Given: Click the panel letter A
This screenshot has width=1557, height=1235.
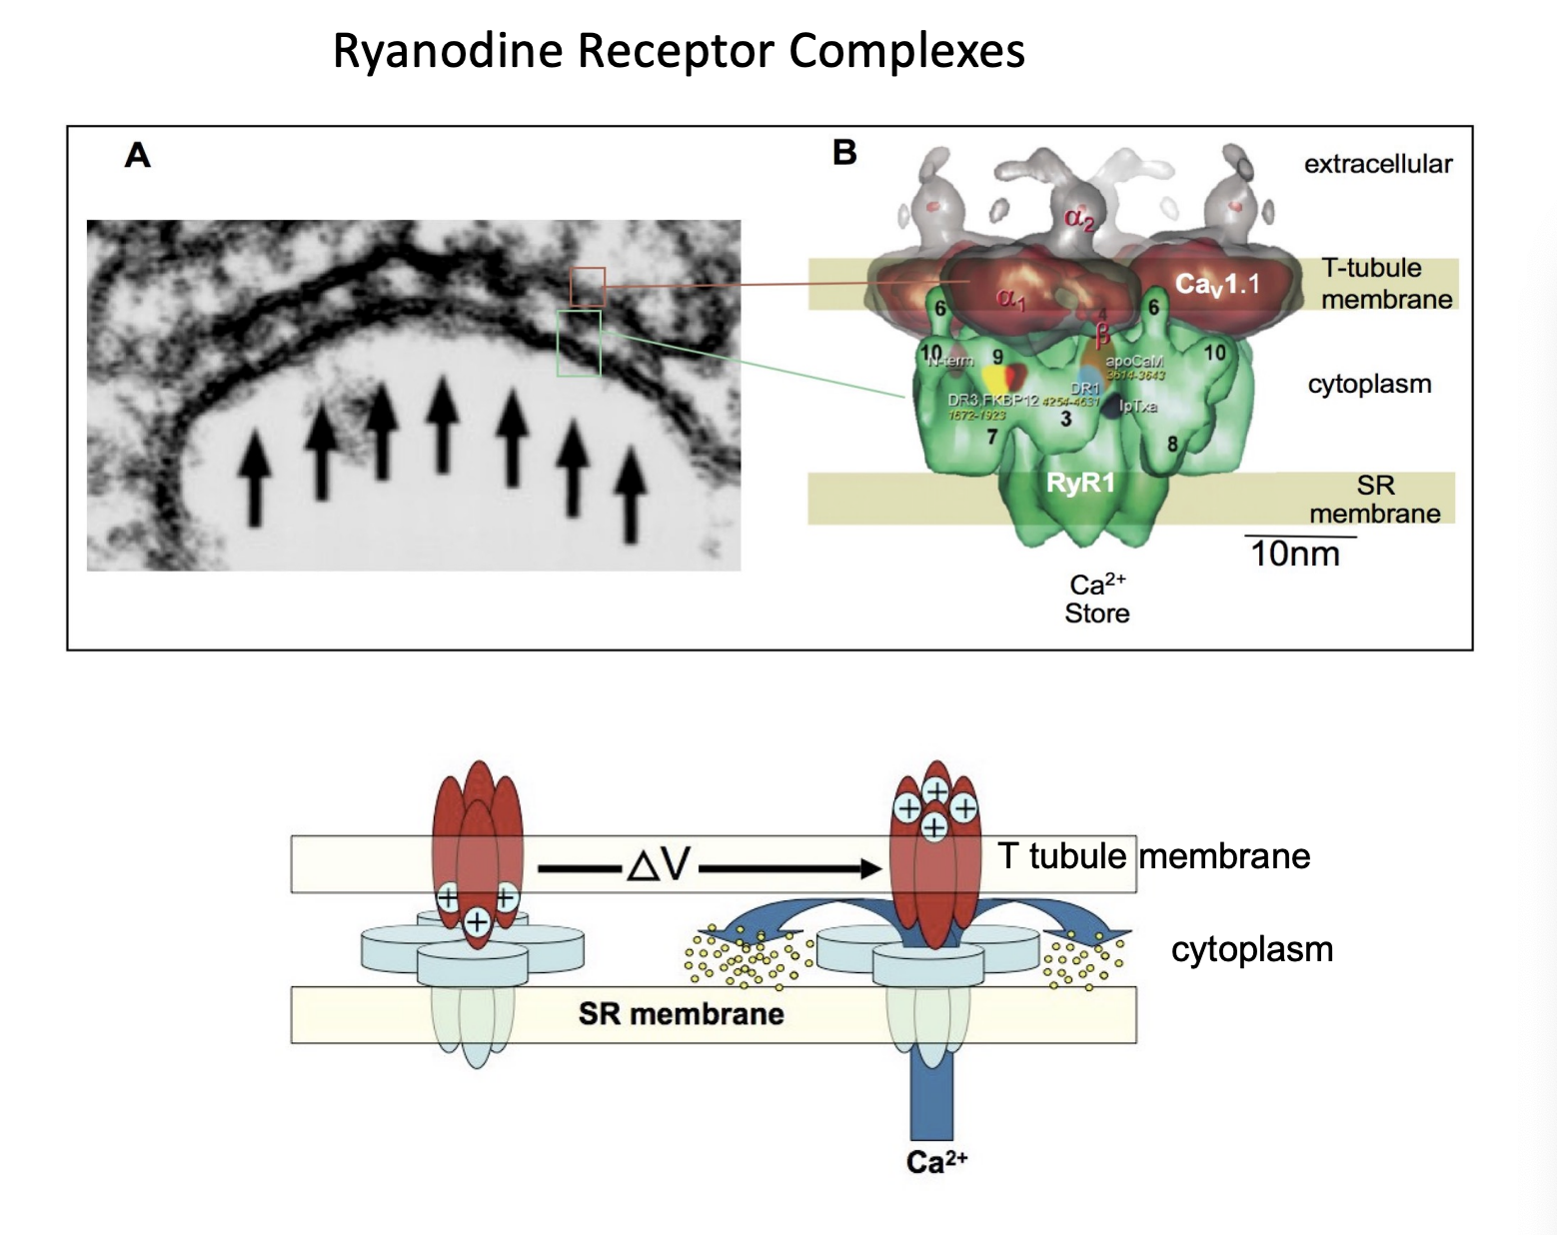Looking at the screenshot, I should click(138, 155).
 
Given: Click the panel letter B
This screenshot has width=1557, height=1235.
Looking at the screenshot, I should click(844, 153).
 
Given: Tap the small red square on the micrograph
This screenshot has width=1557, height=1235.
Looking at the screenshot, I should click(588, 286).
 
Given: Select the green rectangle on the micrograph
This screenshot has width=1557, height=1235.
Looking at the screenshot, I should click(579, 343).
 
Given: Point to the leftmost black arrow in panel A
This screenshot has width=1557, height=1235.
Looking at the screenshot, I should click(256, 477).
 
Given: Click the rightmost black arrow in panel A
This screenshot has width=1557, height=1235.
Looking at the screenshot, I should click(630, 495).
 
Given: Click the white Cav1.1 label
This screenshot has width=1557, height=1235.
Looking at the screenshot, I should click(1216, 285).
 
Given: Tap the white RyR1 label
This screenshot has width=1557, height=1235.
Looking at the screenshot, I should click(1079, 484).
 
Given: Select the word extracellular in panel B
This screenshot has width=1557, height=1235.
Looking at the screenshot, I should click(1377, 164).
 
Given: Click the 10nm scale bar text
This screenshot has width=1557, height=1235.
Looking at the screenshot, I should click(1295, 554).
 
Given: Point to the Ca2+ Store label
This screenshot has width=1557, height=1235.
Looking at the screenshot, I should click(1097, 599).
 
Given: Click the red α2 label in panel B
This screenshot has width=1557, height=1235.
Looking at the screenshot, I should click(1078, 219).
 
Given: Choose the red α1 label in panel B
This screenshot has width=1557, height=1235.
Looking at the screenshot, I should click(1010, 298).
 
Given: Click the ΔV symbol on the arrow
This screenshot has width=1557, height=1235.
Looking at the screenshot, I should click(659, 864).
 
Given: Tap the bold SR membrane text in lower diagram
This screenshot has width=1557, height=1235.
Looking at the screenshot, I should click(681, 1014).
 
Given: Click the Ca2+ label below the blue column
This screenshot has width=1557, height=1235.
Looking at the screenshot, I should click(936, 1161).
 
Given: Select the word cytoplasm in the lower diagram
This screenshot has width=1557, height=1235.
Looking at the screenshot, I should click(1251, 949).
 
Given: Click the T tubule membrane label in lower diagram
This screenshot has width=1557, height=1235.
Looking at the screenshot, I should click(1153, 856).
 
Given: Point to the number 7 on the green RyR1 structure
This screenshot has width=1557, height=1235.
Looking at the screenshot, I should click(991, 437).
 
